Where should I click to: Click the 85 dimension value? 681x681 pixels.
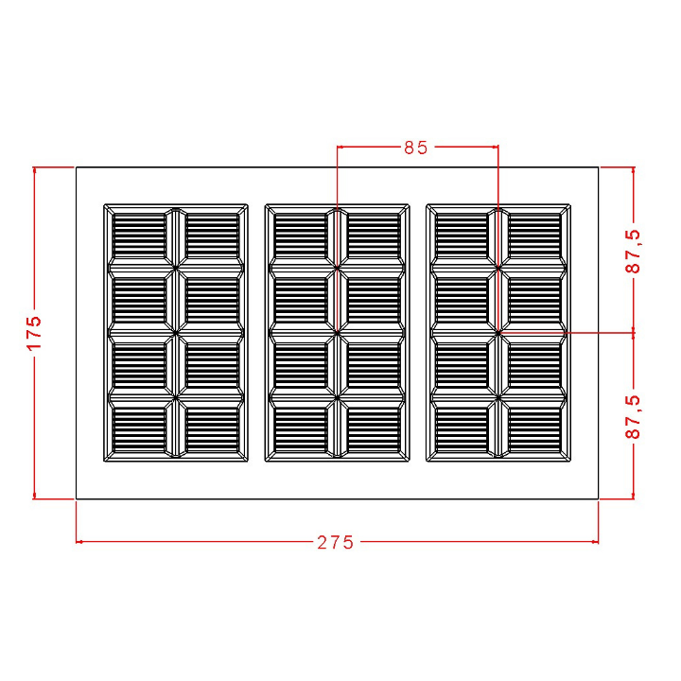click(x=416, y=148)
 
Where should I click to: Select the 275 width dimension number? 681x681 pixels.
click(x=335, y=542)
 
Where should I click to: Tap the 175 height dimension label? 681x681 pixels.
click(x=35, y=333)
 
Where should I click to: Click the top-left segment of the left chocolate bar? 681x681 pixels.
click(x=139, y=236)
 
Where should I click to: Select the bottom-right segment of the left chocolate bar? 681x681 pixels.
click(x=212, y=428)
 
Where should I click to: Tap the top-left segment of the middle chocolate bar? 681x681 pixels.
click(x=302, y=236)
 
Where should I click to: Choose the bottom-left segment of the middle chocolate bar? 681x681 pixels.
click(x=302, y=428)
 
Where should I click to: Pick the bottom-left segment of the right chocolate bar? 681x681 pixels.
click(x=463, y=428)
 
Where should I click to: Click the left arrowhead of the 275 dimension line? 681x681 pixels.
click(x=79, y=542)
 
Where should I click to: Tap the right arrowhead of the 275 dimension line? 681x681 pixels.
click(x=595, y=542)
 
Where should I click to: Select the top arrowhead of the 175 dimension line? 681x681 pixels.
click(x=35, y=171)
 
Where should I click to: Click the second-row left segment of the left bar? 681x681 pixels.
click(x=139, y=301)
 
